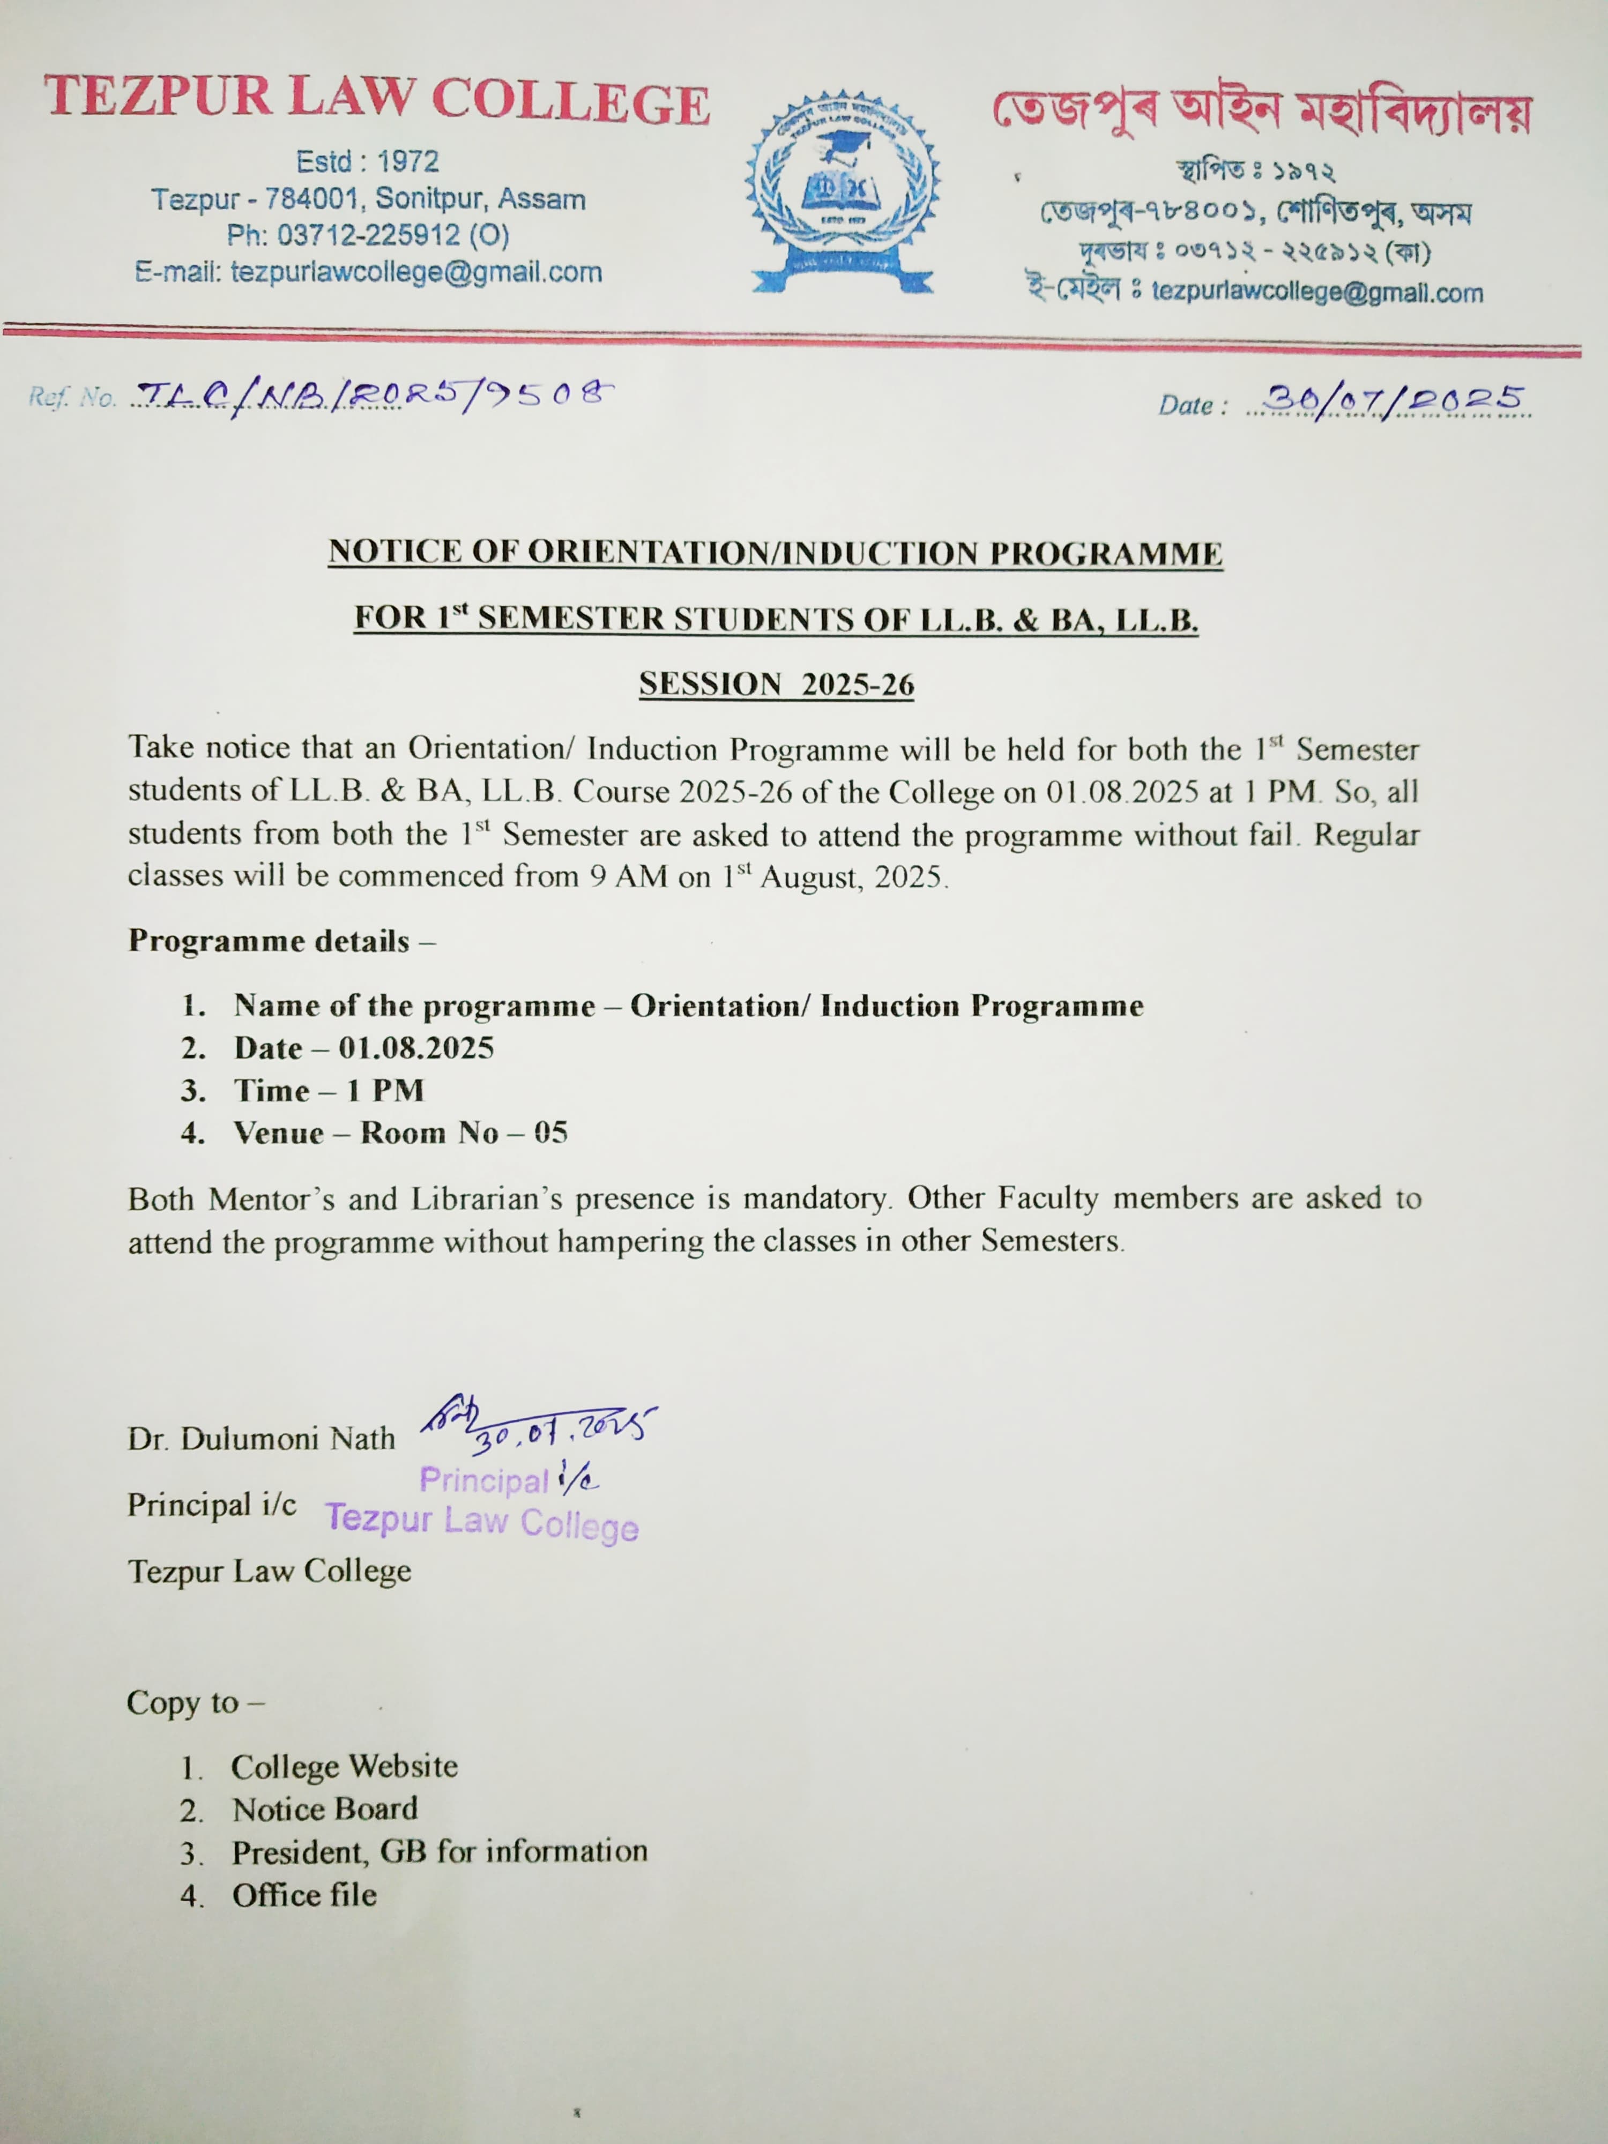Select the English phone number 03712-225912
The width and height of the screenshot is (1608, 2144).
[368, 235]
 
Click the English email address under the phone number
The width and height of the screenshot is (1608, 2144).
[368, 272]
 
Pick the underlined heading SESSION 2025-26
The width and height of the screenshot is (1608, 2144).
[776, 684]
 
